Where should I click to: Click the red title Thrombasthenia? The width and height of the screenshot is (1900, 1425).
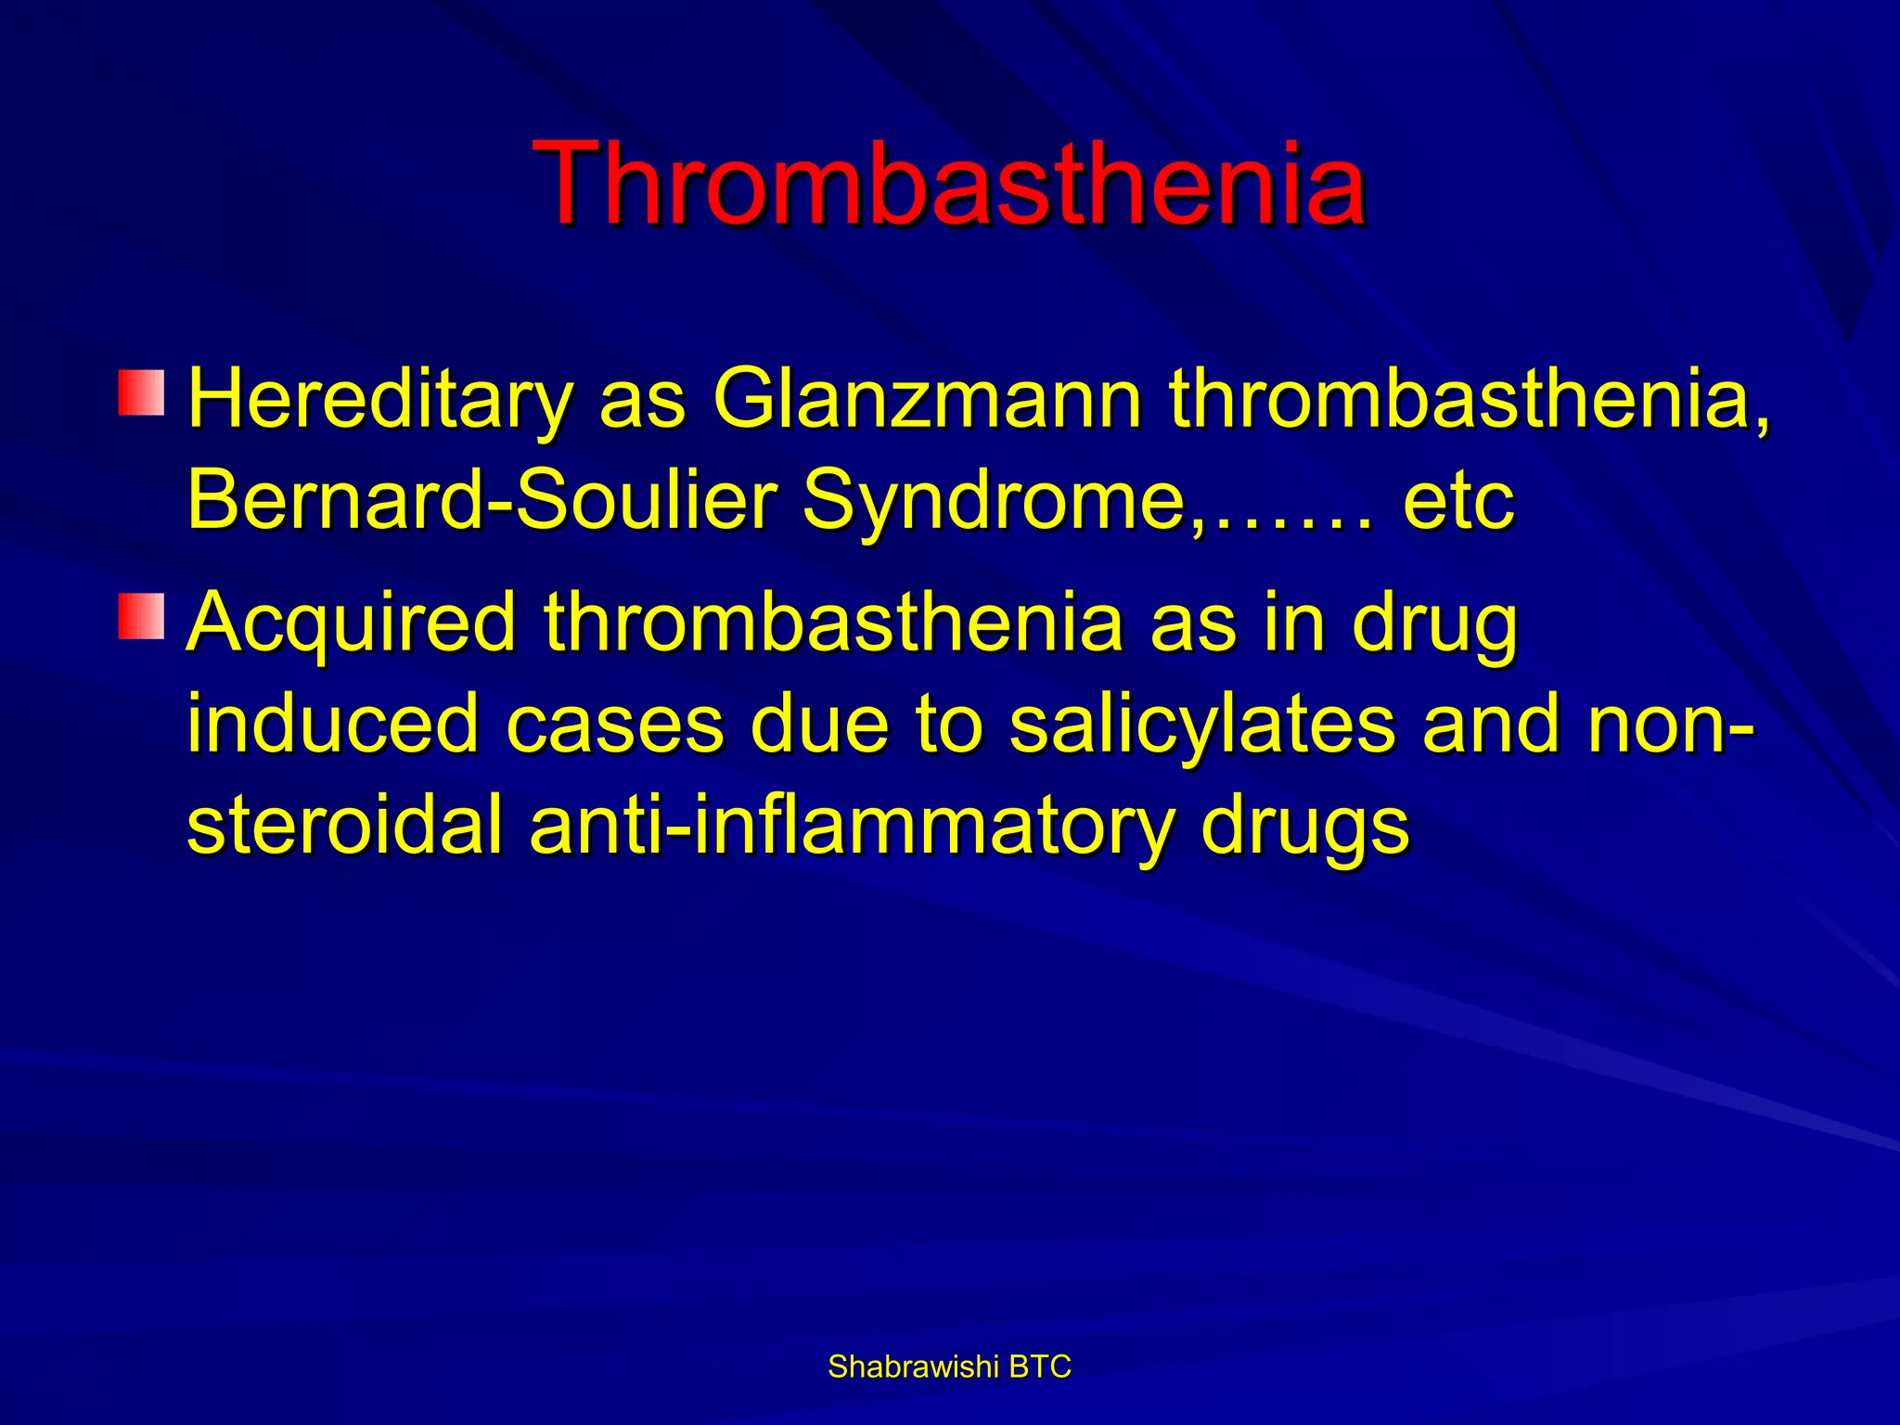click(949, 183)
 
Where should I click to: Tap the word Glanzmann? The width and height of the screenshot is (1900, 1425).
click(927, 399)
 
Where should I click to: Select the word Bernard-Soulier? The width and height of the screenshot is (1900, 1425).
click(481, 501)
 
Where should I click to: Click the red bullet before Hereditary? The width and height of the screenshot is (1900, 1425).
click(141, 392)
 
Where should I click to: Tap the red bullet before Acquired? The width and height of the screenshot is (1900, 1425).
click(141, 617)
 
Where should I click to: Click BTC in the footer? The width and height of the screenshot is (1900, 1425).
click(1039, 1367)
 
